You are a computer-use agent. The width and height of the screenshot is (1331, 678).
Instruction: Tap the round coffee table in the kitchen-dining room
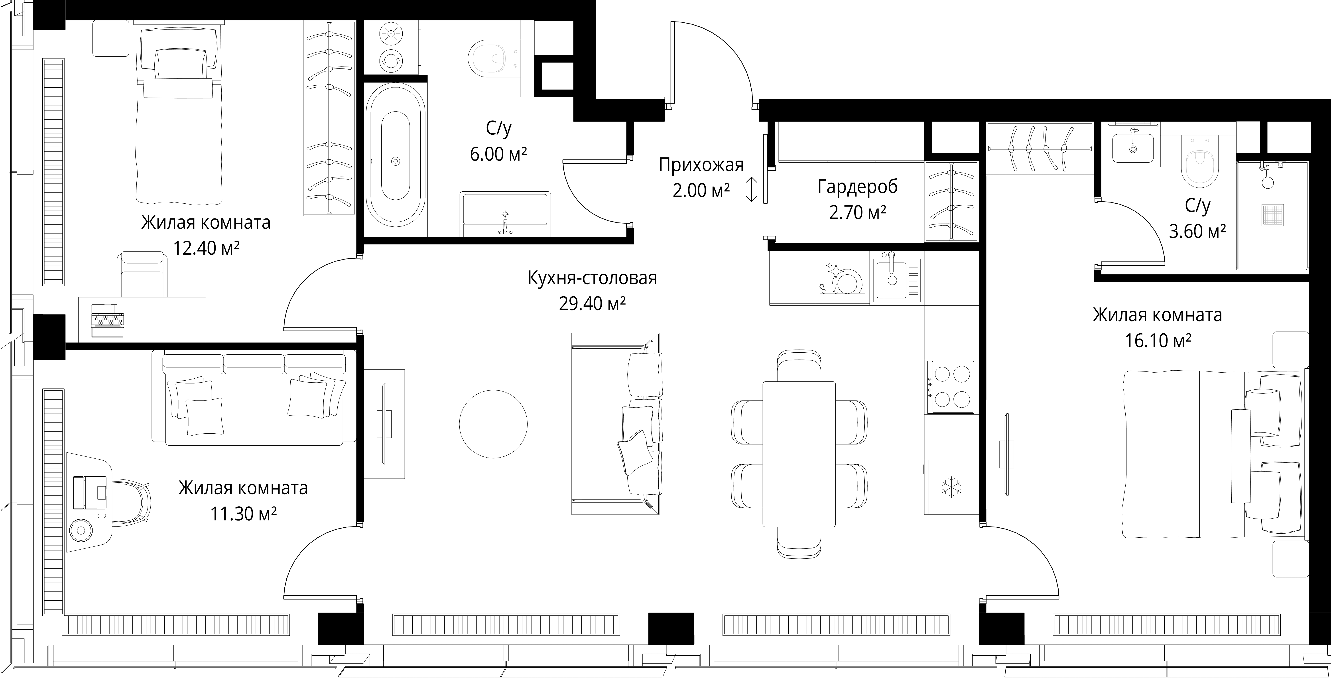coord(493,424)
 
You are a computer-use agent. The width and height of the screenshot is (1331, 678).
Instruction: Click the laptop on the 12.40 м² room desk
coord(107,320)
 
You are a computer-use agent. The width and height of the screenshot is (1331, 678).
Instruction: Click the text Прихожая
coord(701,165)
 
